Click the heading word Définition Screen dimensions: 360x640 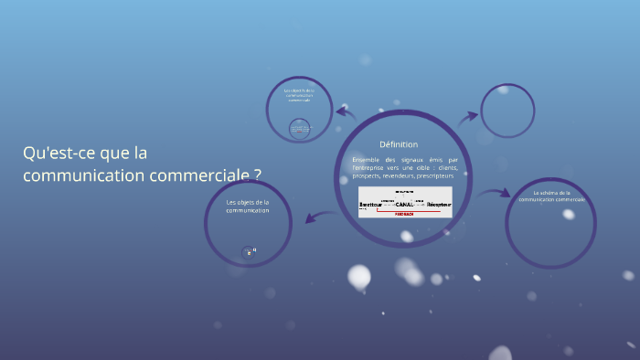(399, 144)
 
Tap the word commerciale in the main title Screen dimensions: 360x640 (190, 175)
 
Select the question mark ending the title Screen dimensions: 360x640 (257, 175)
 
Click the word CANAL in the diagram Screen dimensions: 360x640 (404, 203)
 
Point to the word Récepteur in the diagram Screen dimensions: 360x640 (439, 203)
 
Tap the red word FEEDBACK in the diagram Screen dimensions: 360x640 (404, 212)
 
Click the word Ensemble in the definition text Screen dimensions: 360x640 (364, 160)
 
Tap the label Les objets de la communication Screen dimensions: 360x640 (248, 206)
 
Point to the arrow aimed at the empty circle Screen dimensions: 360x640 (468, 117)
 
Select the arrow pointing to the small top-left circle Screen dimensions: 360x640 (346, 112)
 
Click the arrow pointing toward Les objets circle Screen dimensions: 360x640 (318, 217)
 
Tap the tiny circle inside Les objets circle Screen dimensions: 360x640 (248, 251)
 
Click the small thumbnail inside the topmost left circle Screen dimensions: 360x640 (299, 129)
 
